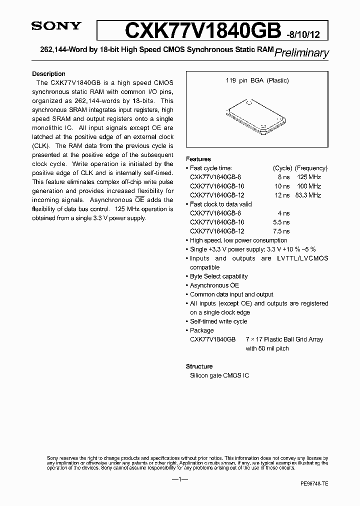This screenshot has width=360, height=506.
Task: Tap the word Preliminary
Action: pos(302,52)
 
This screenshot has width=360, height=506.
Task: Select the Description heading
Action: pos(48,73)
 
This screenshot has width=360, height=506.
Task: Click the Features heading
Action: pos(198,159)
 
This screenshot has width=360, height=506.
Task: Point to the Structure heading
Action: pos(199,366)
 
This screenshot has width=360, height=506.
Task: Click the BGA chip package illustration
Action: pos(256,115)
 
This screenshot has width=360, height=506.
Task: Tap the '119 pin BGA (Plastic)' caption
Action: pos(256,80)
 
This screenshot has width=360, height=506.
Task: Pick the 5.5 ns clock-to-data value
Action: pos(282,222)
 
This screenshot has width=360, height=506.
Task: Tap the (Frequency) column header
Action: pos(311,168)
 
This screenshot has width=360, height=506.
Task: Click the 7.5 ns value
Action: pos(282,231)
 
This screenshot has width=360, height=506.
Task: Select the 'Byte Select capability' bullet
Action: pos(218,276)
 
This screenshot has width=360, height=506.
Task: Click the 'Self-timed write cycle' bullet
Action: pos(218,321)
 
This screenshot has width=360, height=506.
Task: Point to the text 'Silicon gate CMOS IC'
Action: pos(219,375)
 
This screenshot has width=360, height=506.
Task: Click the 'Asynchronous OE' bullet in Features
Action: pos(214,285)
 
